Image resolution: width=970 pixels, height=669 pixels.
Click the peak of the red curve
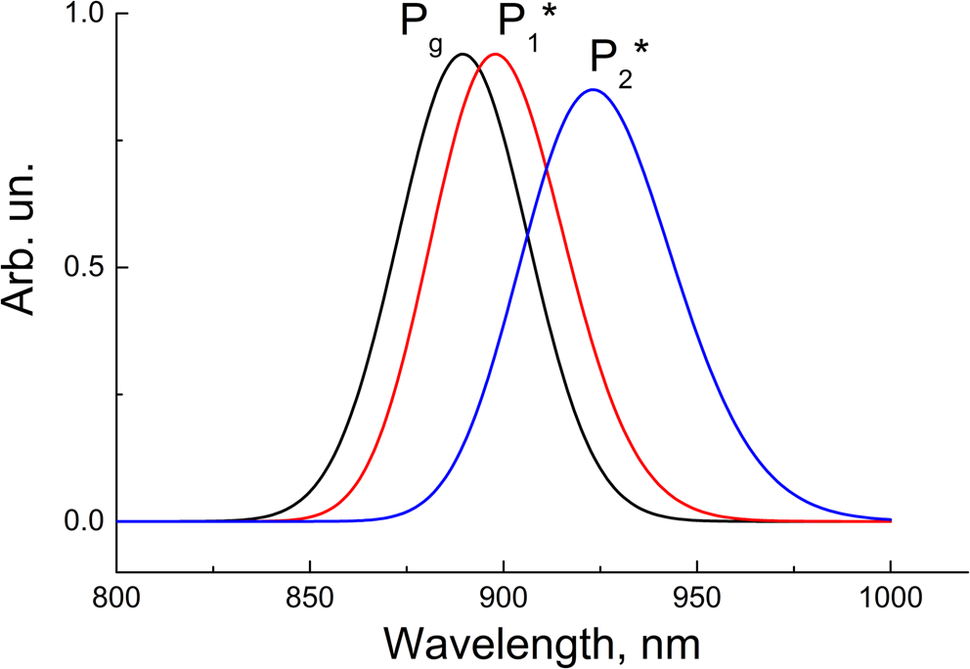496,55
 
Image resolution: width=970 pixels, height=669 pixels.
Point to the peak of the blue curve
593,90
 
